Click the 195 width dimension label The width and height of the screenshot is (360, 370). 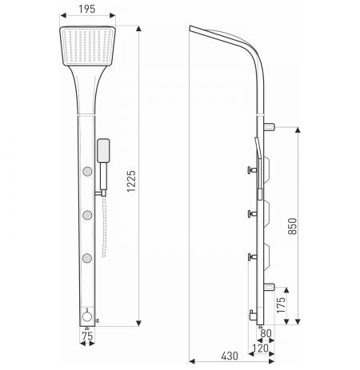[x=87, y=9]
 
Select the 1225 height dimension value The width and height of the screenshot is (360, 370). [x=131, y=181]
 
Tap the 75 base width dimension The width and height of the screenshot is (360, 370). [x=87, y=336]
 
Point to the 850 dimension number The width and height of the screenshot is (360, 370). [x=293, y=226]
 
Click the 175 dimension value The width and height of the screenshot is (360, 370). [x=281, y=305]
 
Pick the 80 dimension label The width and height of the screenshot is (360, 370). [x=266, y=333]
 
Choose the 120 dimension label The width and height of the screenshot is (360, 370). [x=260, y=348]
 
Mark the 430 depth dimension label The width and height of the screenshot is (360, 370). [x=230, y=356]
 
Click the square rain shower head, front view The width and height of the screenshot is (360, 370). [x=87, y=46]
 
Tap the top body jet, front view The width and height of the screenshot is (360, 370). [x=87, y=171]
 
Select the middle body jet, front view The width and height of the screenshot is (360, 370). [x=87, y=215]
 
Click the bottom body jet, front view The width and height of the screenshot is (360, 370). [x=87, y=258]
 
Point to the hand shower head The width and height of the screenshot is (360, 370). [x=103, y=150]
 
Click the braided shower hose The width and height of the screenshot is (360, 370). [x=104, y=226]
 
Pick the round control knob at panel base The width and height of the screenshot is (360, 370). [x=87, y=316]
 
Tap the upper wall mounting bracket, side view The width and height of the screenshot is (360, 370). [x=269, y=127]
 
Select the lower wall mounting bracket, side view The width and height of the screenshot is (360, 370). [x=269, y=287]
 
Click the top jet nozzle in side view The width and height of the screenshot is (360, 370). [x=252, y=169]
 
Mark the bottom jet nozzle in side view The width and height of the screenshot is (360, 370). [x=252, y=257]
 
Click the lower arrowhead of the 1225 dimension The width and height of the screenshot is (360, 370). [x=138, y=323]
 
